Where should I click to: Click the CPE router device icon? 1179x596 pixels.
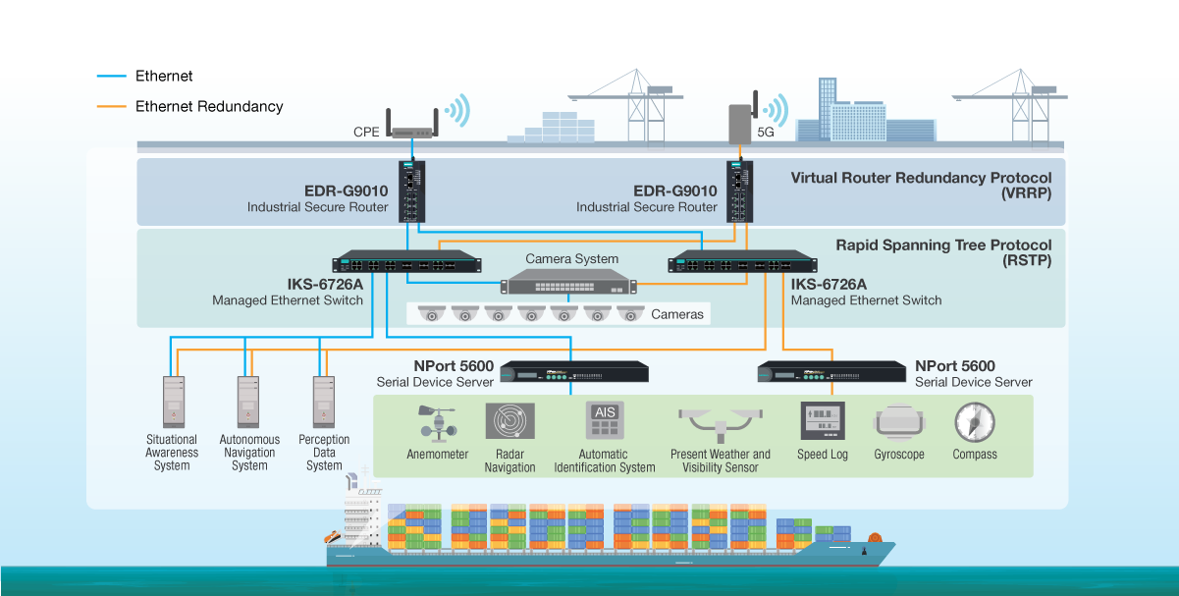tap(411, 127)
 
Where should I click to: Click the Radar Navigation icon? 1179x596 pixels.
tap(509, 421)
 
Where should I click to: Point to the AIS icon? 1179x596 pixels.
tap(604, 421)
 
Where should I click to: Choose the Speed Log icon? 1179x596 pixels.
tap(823, 422)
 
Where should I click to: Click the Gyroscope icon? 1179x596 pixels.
tap(899, 422)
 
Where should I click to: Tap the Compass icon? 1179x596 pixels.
tap(974, 422)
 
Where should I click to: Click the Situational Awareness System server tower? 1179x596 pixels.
tap(173, 400)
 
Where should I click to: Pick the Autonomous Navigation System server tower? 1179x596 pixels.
tap(248, 400)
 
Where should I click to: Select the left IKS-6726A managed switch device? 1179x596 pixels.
tap(406, 263)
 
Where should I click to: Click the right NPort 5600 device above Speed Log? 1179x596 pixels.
tap(831, 372)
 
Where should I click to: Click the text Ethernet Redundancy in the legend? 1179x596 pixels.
tap(209, 106)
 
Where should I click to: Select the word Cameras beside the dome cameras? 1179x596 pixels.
tap(677, 314)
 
